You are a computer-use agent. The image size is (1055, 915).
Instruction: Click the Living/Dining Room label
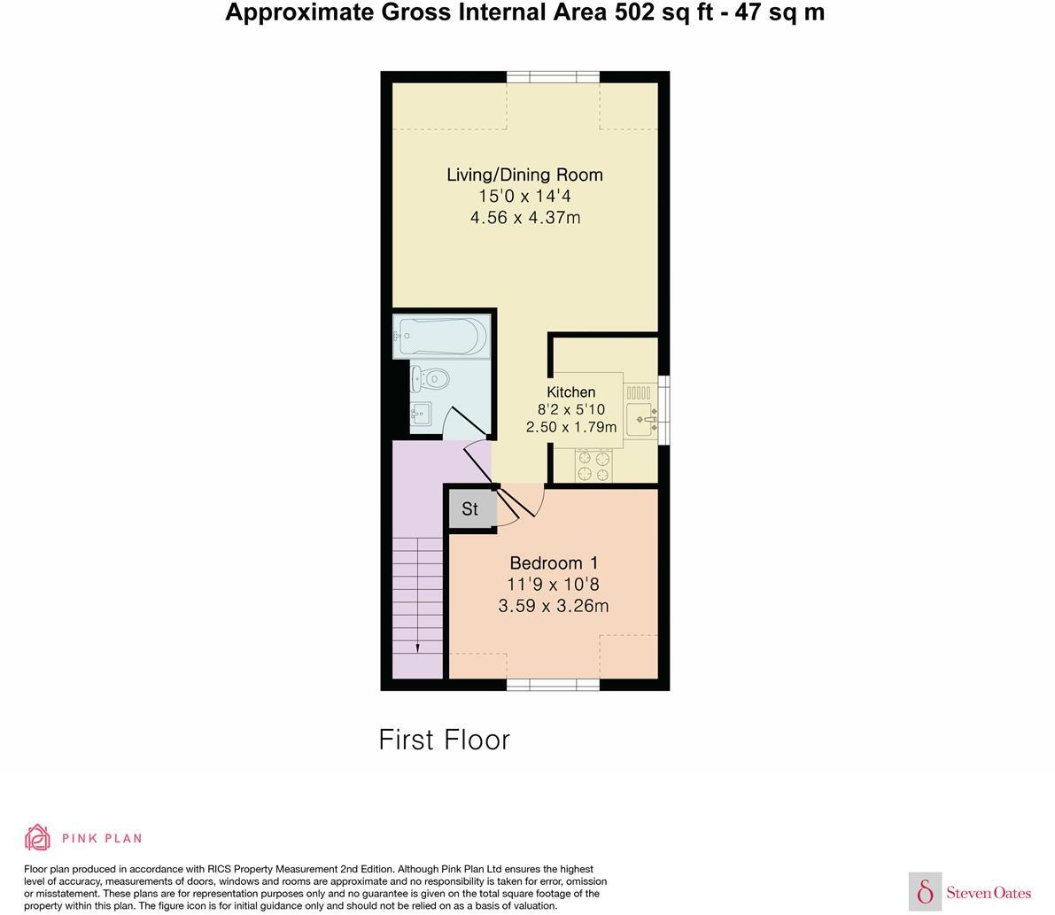tap(524, 174)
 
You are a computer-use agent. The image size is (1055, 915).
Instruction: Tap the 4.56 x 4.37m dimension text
tap(524, 218)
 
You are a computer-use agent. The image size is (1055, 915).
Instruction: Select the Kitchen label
tap(570, 392)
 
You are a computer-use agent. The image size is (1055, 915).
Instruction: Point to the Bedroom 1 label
tap(554, 562)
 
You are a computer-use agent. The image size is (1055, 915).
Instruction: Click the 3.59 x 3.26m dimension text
tap(554, 607)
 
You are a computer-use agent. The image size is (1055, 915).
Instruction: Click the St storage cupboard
tap(470, 509)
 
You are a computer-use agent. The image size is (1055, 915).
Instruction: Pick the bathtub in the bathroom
tap(442, 337)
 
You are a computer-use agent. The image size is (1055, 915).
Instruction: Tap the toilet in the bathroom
tap(431, 380)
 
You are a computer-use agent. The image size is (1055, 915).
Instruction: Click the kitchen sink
tap(640, 418)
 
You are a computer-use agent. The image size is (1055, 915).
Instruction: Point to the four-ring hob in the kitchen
tap(593, 466)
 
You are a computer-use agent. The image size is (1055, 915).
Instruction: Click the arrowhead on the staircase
tap(417, 647)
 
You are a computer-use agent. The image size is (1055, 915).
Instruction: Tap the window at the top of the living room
tap(553, 77)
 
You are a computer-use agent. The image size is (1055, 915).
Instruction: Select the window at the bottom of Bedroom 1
tap(553, 684)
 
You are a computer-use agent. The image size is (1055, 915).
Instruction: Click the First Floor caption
tap(444, 740)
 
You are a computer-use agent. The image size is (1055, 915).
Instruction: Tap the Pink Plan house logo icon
tap(38, 837)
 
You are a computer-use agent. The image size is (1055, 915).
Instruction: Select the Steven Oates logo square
tap(925, 891)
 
